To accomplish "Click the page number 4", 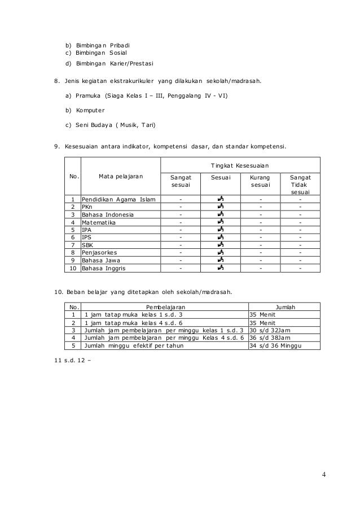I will pos(324,473).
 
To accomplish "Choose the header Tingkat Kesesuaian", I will pos(240,165).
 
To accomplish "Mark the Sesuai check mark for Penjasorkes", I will pos(220,253).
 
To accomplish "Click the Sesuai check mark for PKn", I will pos(220,207).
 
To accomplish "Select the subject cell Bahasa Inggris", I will pos(104,269).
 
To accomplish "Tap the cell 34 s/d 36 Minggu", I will pos(275,345).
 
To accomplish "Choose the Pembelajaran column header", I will pos(165,306).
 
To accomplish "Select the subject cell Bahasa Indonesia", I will pos(108,214).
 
